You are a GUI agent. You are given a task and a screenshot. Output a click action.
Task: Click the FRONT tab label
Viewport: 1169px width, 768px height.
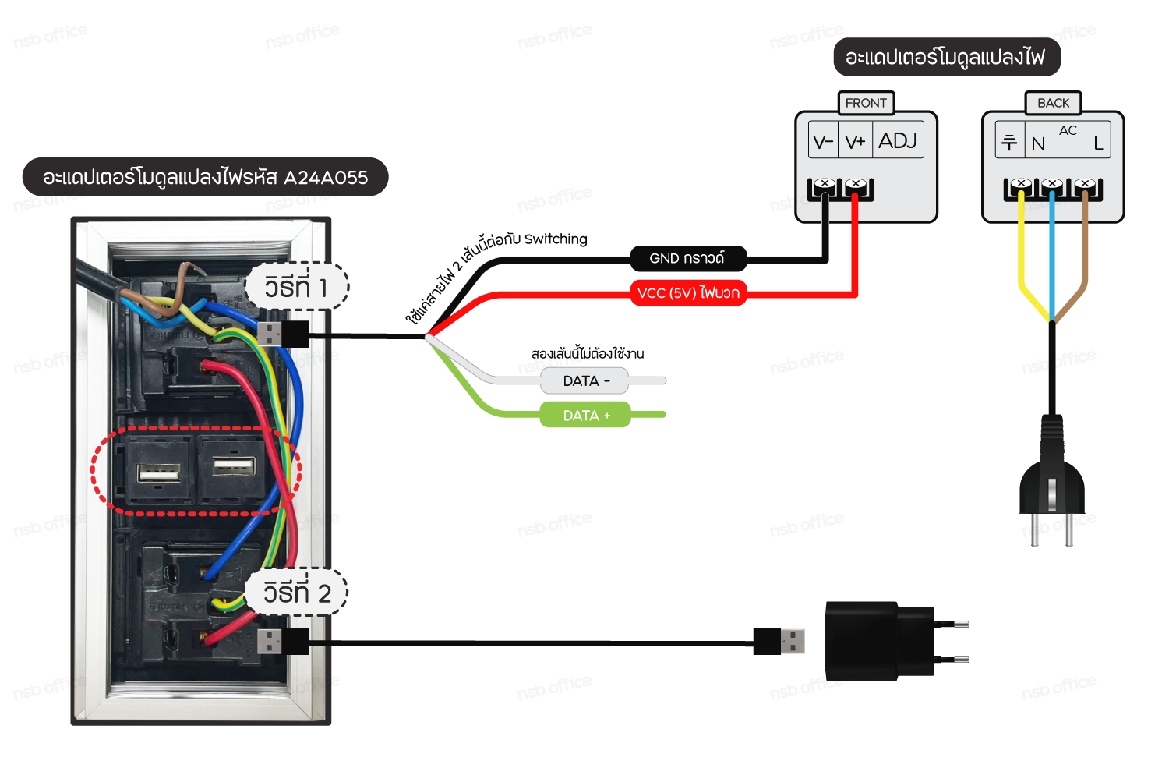[x=866, y=103]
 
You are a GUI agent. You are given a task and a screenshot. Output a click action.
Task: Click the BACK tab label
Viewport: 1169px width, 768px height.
[x=1053, y=103]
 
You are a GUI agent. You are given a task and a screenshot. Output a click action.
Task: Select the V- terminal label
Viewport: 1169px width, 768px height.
[x=823, y=142]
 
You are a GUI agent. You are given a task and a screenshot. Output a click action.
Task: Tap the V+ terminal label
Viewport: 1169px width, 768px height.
[x=855, y=142]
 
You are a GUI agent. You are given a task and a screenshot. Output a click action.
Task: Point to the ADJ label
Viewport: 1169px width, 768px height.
[x=898, y=140]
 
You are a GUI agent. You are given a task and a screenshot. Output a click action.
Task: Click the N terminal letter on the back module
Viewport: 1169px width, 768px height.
[x=1038, y=144]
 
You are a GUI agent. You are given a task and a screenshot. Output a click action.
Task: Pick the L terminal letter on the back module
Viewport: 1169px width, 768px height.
[x=1098, y=143]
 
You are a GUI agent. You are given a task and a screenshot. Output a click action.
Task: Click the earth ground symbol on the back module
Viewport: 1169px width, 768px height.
[x=1009, y=142]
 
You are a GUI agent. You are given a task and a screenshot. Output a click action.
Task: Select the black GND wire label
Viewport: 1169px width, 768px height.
[x=687, y=258]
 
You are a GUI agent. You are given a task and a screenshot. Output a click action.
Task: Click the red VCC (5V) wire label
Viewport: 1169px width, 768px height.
[x=687, y=293]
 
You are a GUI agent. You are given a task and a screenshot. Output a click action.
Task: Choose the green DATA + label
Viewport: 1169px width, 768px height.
[x=585, y=416]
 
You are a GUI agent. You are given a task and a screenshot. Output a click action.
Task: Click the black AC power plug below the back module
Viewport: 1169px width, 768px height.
[x=1051, y=476]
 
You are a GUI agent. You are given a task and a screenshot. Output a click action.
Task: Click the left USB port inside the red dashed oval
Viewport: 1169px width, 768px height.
[x=158, y=472]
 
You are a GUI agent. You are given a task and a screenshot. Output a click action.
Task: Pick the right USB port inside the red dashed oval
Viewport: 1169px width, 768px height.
[x=233, y=467]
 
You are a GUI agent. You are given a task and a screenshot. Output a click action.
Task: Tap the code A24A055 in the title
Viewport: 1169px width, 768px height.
[x=326, y=178]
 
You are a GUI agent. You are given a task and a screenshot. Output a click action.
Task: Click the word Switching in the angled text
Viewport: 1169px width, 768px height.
[x=556, y=239]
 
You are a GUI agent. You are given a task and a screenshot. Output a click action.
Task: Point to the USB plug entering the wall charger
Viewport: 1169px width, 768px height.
[x=779, y=641]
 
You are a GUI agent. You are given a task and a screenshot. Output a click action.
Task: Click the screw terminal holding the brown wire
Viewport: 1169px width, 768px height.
[x=1084, y=185]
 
